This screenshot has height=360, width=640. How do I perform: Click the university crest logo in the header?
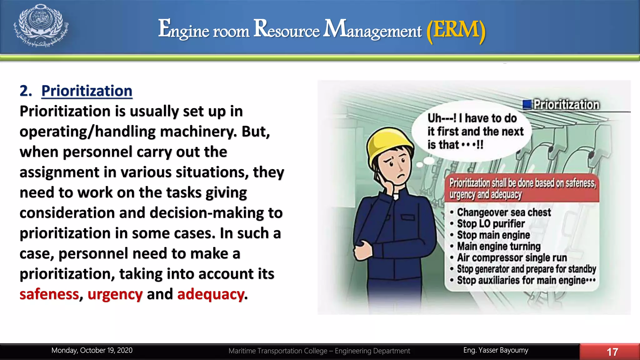pos(41,26)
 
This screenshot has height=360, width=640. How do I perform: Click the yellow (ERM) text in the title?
pos(456,30)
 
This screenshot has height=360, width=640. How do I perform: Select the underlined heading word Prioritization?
pos(87,91)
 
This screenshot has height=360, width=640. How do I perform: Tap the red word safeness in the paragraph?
pos(49,294)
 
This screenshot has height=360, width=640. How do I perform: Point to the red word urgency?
pos(115,294)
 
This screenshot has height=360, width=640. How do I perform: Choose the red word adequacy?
pos(211,294)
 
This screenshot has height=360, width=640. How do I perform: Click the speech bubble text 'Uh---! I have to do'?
pos(472,118)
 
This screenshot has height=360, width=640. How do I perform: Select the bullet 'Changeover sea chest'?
pos(504,212)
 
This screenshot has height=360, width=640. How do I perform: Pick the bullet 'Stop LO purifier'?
pos(491,224)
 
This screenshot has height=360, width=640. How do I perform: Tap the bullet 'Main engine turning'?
pos(499,246)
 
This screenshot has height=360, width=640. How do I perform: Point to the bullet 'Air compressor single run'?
pos(512,257)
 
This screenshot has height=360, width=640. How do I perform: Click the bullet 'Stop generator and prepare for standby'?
pos(526,269)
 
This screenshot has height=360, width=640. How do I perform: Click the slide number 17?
pos(612,352)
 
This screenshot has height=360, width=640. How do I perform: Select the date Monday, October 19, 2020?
pos(92,350)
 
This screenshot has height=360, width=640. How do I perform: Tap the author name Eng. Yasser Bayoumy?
pos(496,350)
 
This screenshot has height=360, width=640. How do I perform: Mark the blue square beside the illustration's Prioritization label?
pos(527,104)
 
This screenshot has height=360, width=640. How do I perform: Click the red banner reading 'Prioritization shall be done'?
pos(522,188)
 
